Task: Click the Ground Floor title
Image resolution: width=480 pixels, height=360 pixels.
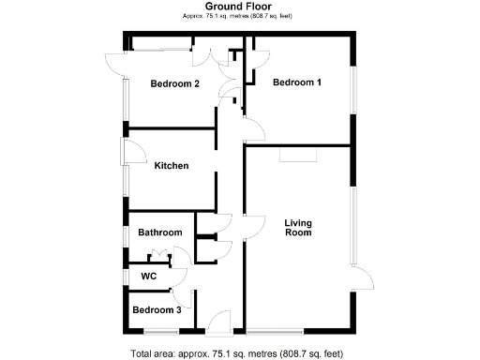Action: point(239,6)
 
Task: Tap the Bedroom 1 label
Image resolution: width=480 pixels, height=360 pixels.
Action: point(297,82)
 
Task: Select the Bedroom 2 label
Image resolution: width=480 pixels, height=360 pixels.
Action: point(175,83)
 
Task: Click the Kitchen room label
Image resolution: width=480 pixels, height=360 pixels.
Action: point(172,166)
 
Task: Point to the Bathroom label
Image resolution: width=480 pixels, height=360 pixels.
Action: point(159,232)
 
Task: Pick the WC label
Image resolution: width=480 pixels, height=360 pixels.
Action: point(148,277)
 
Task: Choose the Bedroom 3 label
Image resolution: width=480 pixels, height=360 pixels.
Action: point(156,310)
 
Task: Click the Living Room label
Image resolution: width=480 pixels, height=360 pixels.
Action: point(298,228)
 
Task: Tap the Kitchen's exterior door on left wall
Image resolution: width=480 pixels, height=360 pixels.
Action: point(131,151)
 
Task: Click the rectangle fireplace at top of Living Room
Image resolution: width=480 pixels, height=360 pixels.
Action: point(299,155)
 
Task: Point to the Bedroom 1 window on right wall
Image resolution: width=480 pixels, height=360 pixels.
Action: point(354,91)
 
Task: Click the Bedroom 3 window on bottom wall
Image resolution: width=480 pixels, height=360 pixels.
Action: point(161,331)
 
